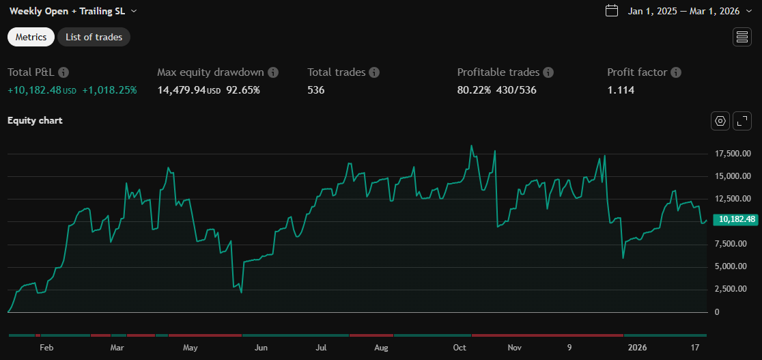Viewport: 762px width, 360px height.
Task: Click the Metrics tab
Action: click(31, 37)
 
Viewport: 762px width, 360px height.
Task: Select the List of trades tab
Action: click(94, 37)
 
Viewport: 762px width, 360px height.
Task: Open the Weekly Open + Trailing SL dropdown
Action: click(73, 11)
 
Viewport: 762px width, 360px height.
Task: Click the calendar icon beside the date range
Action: click(612, 10)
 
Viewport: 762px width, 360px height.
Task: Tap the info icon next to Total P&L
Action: click(63, 72)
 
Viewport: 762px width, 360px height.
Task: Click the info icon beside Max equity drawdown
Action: click(273, 72)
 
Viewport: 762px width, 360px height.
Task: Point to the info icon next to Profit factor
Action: click(676, 72)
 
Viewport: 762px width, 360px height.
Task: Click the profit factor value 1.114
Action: click(621, 89)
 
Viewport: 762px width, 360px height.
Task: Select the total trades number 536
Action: click(316, 89)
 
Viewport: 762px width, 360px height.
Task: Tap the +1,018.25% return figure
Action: click(109, 89)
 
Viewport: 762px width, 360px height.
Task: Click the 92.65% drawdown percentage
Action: click(243, 89)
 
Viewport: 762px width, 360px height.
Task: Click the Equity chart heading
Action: click(35, 120)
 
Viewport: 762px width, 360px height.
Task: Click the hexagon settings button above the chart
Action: click(720, 121)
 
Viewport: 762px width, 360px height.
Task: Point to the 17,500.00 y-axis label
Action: click(729, 154)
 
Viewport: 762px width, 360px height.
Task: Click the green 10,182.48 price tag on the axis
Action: click(736, 219)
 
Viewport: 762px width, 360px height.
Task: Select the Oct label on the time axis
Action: click(460, 348)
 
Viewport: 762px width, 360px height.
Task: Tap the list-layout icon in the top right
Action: click(742, 37)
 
